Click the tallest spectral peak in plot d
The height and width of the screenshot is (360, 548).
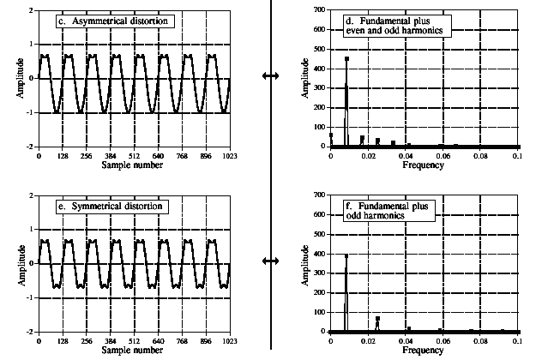[346, 59]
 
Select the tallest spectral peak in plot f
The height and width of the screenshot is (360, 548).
[346, 255]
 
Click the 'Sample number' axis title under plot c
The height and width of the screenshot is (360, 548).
[134, 165]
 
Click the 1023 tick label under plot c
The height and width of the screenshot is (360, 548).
[229, 156]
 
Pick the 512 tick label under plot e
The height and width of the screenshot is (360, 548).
[134, 341]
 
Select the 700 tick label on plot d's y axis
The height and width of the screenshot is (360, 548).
[320, 10]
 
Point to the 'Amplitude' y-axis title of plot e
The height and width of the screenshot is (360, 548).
[19, 263]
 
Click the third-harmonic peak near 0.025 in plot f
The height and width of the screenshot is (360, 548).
[377, 318]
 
